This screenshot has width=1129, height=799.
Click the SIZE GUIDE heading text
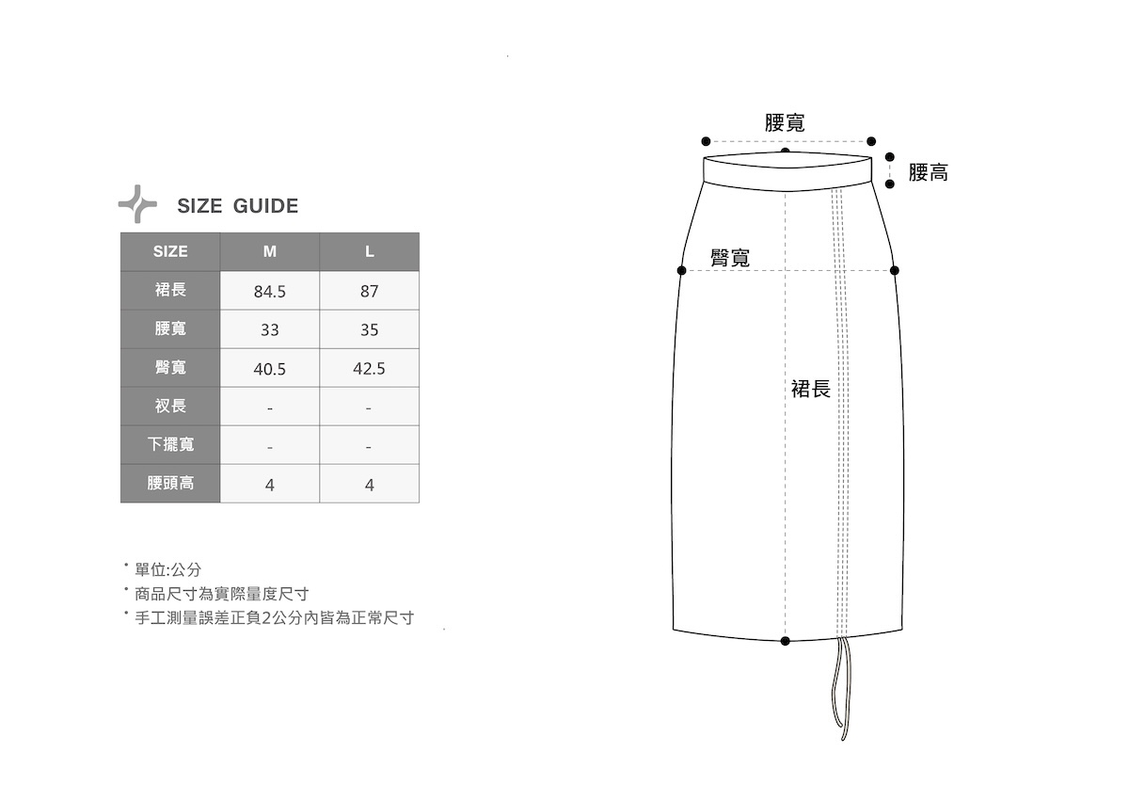237,206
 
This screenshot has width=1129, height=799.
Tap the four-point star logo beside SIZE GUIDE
137,204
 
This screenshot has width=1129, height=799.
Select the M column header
270,251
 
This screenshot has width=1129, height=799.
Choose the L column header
370,251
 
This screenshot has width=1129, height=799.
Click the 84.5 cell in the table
270,292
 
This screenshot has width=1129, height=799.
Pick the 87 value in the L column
370,292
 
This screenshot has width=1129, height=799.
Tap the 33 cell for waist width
270,330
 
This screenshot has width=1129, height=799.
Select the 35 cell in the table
370,330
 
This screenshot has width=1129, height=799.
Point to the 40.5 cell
270,369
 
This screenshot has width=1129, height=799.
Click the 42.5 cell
370,369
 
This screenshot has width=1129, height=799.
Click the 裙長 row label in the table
170,290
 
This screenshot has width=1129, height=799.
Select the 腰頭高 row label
170,484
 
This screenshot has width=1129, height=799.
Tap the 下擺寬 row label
170,444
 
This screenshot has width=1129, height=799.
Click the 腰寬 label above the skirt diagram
785,122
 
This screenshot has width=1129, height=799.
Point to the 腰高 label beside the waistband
929,172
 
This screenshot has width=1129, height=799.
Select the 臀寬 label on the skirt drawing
730,258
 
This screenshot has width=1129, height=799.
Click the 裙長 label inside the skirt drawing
811,389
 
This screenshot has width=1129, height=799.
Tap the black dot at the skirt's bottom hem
786,641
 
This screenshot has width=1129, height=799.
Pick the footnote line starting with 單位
168,569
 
